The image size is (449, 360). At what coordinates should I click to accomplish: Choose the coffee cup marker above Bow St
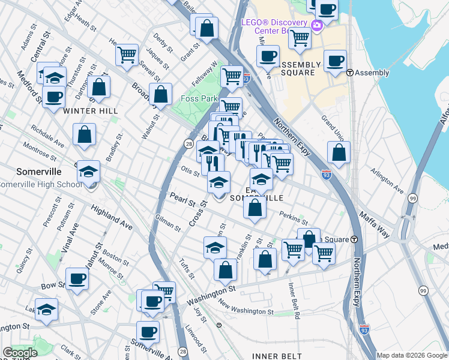click(x=77, y=278)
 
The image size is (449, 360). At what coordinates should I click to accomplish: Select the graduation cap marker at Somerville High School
click(x=88, y=172)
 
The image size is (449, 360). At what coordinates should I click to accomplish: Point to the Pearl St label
click(x=182, y=200)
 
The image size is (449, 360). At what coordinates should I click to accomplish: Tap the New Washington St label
click(x=246, y=310)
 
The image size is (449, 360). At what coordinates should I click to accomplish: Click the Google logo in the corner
click(x=20, y=353)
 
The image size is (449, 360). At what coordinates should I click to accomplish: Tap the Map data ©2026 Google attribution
click(x=411, y=355)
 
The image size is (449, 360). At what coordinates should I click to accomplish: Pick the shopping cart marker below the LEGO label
click(x=299, y=38)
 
